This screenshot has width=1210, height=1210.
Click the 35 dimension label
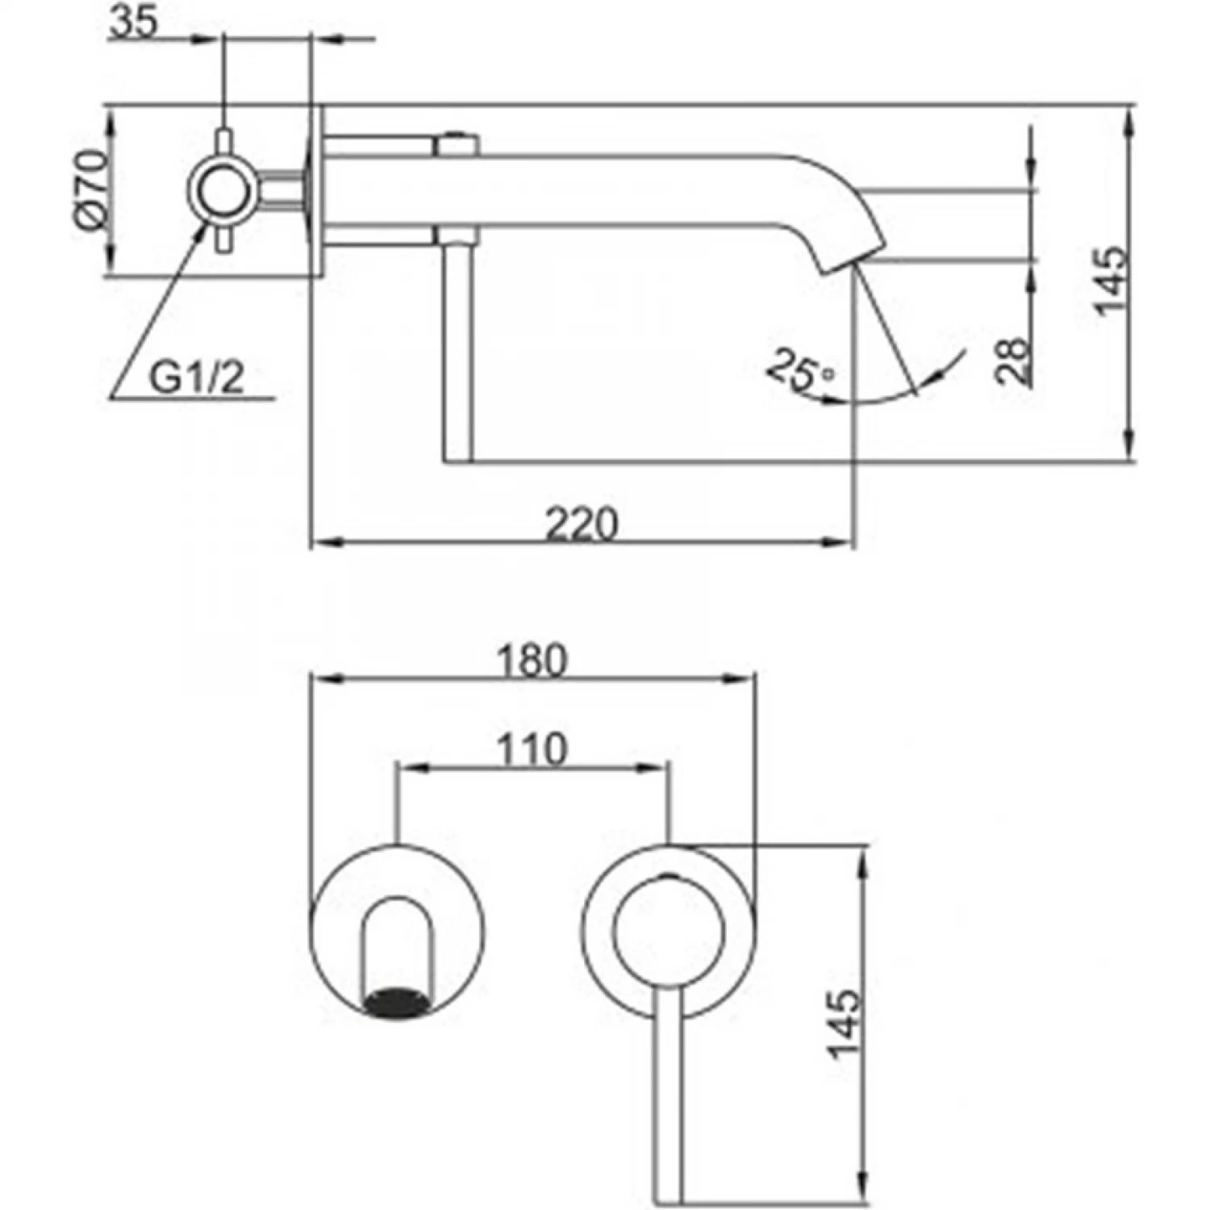[133, 23]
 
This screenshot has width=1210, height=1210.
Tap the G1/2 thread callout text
[196, 378]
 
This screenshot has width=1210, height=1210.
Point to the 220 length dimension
[582, 524]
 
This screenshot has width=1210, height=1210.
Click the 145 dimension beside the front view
[844, 1023]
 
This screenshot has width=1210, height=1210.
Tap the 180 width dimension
[532, 661]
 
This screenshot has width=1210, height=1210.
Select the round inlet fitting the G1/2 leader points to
[223, 192]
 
